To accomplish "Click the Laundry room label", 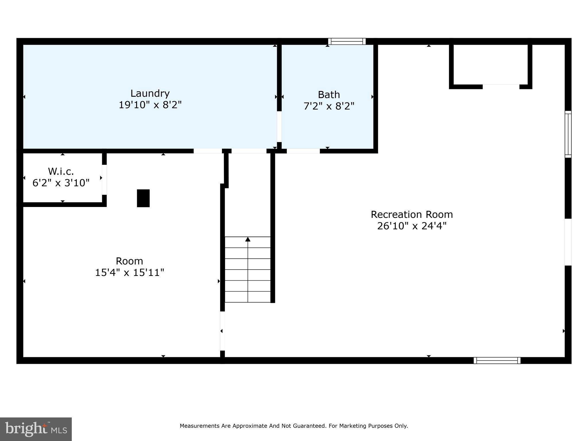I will [x=150, y=93].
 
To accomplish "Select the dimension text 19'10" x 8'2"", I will [x=150, y=105].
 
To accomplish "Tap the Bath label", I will [x=329, y=94].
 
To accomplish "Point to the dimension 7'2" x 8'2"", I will [x=329, y=106].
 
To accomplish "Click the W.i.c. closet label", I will [x=61, y=171].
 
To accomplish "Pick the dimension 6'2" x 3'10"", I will [x=61, y=183].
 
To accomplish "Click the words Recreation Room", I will [x=412, y=214].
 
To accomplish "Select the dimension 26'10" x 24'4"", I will [x=412, y=226].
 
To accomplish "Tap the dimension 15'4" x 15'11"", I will [x=129, y=272].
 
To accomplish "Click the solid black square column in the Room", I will [x=143, y=198].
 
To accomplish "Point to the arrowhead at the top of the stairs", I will [x=248, y=239].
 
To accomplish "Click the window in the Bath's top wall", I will [x=347, y=41].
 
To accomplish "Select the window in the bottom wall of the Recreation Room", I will [x=497, y=360].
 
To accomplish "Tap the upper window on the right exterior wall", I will [x=568, y=134].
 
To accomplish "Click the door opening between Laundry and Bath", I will [x=279, y=127].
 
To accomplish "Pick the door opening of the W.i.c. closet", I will [x=104, y=180].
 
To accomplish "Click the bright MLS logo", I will [x=36, y=429].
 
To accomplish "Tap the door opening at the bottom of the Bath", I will [x=303, y=151].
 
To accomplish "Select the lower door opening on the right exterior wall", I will [x=568, y=242].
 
